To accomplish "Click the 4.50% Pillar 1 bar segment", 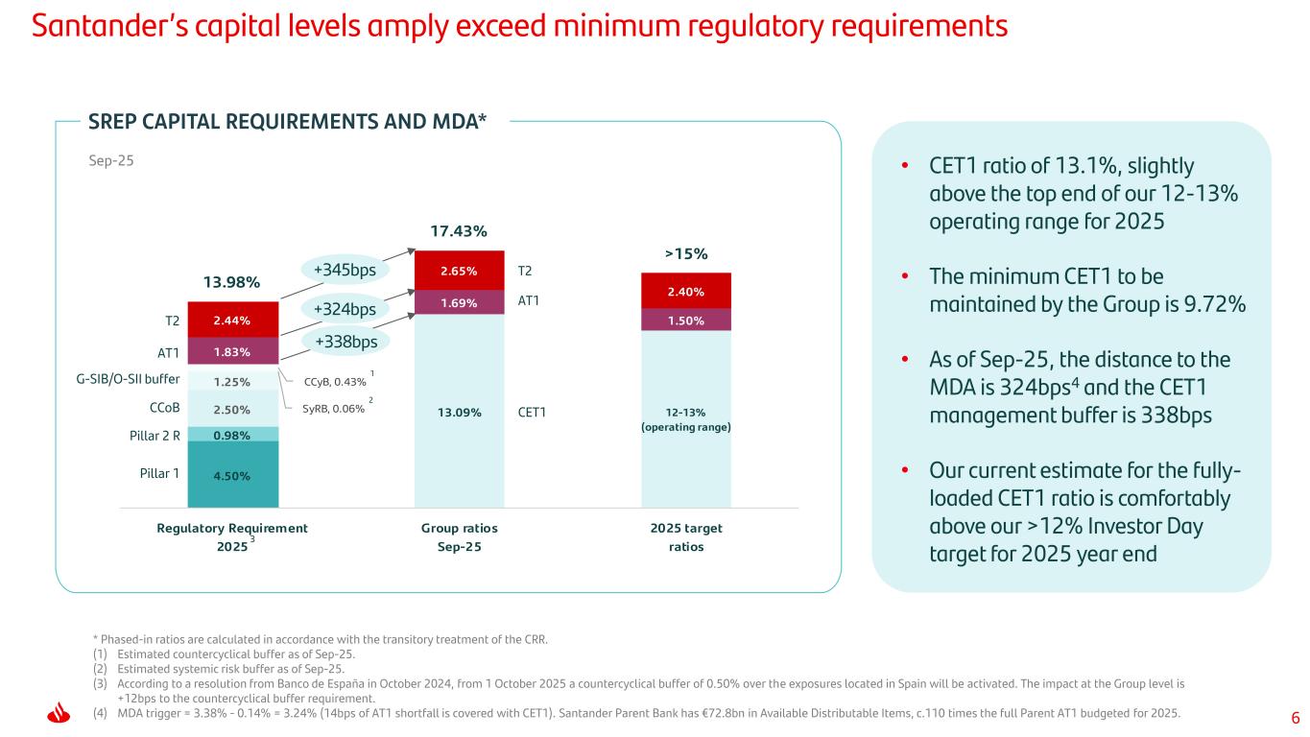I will tap(233, 473).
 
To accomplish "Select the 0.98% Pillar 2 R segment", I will tap(233, 435).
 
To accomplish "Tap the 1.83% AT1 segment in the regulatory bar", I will tap(233, 352).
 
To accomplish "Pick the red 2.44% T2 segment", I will tap(233, 320).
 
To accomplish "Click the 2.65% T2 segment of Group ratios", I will tap(459, 271).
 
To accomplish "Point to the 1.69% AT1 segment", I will tap(459, 302).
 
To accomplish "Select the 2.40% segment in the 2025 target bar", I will tap(685, 291).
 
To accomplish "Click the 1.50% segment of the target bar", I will tap(685, 321).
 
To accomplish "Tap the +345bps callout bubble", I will tap(345, 271).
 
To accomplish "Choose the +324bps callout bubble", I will tap(345, 309).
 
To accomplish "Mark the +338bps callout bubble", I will tap(345, 341).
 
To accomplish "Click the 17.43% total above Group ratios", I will tap(459, 231).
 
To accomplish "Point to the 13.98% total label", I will tap(231, 281).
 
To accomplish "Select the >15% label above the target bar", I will tap(685, 253).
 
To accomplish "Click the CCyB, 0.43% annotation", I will tap(334, 382).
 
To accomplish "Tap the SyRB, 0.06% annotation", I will tap(333, 408).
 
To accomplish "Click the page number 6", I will tap(1295, 718).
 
